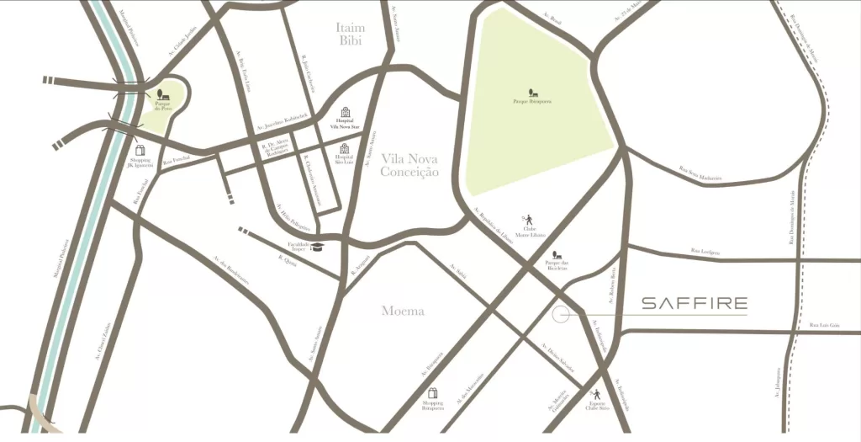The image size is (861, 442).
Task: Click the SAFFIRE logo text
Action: pos(695,304)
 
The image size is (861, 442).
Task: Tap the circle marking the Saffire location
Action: pos(561,314)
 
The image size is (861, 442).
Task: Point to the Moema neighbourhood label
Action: pos(403,312)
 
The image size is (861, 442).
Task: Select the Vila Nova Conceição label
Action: pos(409,165)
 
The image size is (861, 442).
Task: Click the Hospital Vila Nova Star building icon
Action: pos(344,113)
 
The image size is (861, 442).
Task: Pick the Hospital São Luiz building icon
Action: pos(344,148)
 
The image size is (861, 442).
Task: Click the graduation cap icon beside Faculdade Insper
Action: pos(318,247)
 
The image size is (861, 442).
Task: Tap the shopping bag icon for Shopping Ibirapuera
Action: pos(433,393)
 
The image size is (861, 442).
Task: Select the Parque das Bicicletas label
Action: pos(557,264)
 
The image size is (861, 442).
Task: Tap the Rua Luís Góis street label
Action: pos(823,325)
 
